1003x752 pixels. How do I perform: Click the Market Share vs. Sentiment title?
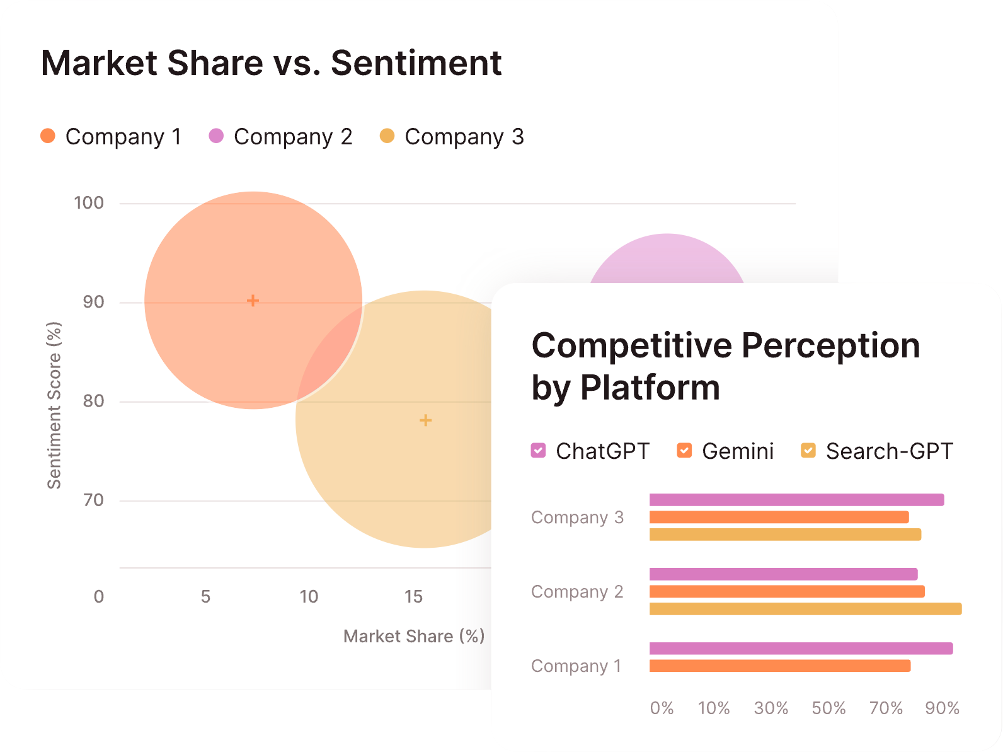click(x=271, y=63)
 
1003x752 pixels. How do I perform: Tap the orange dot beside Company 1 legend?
click(x=48, y=136)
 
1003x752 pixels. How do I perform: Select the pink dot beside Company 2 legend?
click(x=216, y=136)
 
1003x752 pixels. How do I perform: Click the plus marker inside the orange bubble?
click(x=253, y=301)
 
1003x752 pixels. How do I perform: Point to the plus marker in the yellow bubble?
click(x=425, y=420)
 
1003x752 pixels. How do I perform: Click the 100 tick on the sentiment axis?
click(x=89, y=203)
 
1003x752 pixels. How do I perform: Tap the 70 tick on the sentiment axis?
click(x=93, y=500)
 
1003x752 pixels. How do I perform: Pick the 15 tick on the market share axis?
click(x=413, y=596)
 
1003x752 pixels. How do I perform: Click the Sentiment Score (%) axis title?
click(x=54, y=405)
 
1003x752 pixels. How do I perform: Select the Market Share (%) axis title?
click(x=414, y=636)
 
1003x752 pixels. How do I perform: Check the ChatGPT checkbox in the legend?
click(x=538, y=450)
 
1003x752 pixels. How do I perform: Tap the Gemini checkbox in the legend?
click(x=684, y=450)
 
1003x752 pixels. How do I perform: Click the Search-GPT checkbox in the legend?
click(x=808, y=450)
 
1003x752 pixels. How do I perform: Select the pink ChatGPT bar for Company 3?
click(x=796, y=500)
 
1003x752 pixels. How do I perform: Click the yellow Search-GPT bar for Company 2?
click(x=805, y=609)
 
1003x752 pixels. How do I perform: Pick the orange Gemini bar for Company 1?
click(x=779, y=666)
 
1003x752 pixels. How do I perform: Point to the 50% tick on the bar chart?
click(x=828, y=708)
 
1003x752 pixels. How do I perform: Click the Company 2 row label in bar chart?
click(x=577, y=592)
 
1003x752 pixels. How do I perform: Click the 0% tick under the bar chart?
click(x=662, y=708)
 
